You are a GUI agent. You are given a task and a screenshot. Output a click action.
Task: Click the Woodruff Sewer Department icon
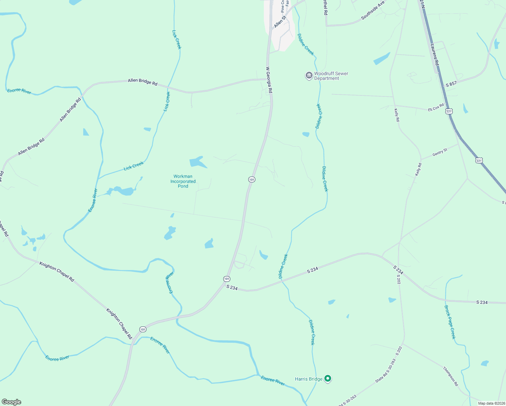[x=309, y=75]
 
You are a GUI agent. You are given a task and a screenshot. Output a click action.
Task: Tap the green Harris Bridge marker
[x=327, y=379]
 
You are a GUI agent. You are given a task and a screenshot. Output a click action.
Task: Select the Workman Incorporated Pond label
[x=183, y=181]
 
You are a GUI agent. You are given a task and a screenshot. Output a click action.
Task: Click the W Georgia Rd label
[x=269, y=80]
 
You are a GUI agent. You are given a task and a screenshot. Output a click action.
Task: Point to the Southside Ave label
[x=373, y=10]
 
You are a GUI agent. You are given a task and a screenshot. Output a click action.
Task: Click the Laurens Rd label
[x=434, y=54]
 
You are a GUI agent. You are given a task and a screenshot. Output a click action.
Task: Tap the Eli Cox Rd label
[x=436, y=107]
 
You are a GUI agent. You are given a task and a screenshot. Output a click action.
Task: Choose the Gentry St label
[x=440, y=152]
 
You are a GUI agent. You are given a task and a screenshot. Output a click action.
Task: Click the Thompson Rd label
[x=450, y=376]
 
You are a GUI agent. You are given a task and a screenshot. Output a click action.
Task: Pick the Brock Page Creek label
[x=450, y=322]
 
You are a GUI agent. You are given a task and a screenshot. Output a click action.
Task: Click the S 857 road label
[x=451, y=84]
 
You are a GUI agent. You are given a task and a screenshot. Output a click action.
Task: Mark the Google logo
[x=11, y=402]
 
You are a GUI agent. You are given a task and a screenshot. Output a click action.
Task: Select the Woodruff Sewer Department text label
[x=326, y=76]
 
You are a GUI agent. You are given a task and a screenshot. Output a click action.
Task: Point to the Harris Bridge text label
[x=308, y=379]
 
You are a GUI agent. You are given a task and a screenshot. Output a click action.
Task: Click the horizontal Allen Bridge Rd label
[x=142, y=82]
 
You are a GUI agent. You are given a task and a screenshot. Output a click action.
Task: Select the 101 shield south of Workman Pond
[x=227, y=279]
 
